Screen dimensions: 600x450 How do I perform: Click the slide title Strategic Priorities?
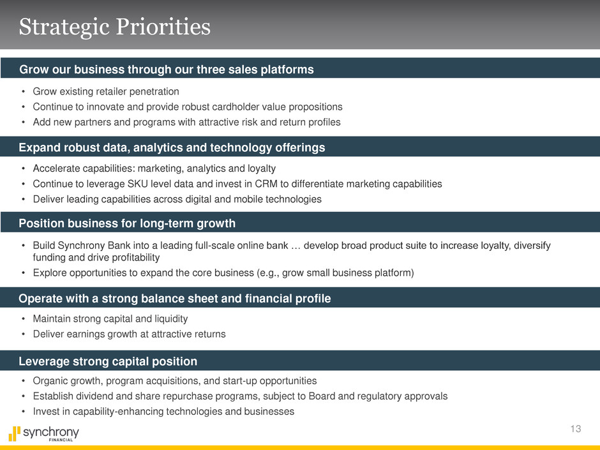pos(115,27)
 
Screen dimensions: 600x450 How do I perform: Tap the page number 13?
pos(576,428)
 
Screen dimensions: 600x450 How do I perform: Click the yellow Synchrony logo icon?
pos(14,433)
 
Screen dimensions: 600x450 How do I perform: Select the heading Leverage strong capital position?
pos(108,361)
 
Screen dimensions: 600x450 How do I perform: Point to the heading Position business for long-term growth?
pos(127,223)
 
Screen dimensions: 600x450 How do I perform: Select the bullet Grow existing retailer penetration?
pos(106,91)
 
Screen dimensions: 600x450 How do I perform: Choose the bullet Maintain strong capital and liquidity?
pos(110,319)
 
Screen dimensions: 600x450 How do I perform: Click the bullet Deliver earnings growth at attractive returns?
pos(130,334)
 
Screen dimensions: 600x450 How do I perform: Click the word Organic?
pos(49,380)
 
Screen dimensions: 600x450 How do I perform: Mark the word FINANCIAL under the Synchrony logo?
pos(61,440)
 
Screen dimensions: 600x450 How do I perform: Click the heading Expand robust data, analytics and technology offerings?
pos(172,147)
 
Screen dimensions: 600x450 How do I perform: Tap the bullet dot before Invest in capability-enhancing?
pos(24,412)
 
